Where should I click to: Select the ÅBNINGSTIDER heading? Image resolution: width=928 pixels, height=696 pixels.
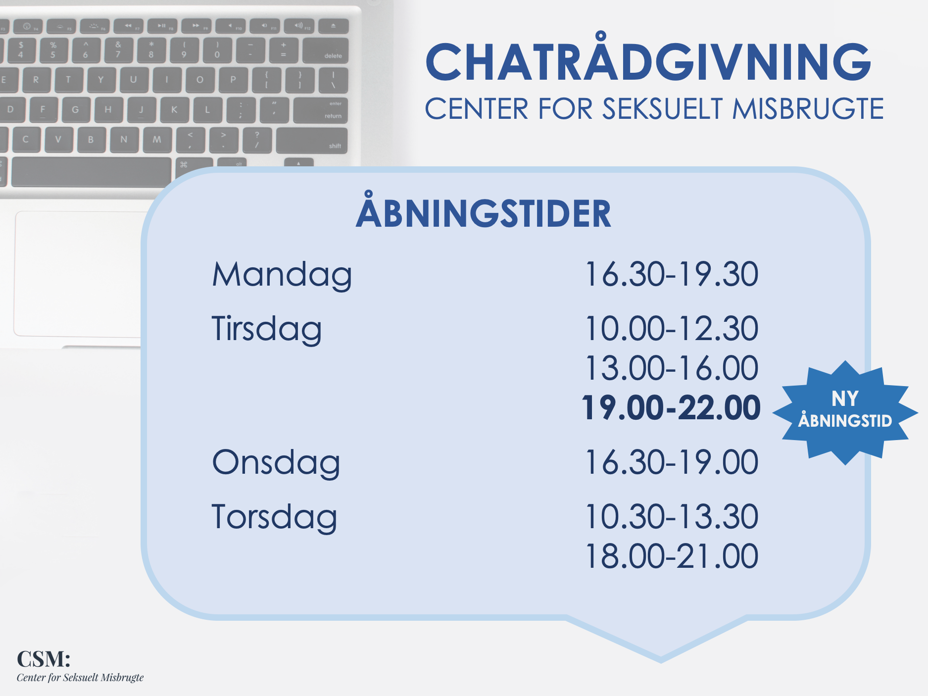pyautogui.click(x=484, y=210)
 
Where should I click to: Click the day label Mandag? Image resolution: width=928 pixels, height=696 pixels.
pyautogui.click(x=282, y=275)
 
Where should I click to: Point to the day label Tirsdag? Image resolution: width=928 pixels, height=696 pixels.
pyautogui.click(x=267, y=330)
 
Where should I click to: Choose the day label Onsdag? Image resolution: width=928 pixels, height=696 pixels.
pyautogui.click(x=276, y=463)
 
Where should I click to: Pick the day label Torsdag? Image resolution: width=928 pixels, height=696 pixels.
pyautogui.click(x=275, y=518)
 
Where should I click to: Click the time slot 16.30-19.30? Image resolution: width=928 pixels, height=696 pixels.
pyautogui.click(x=672, y=274)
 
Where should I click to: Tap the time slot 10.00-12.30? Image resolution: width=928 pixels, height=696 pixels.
pyautogui.click(x=672, y=329)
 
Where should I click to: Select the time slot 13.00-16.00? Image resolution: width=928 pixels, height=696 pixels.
pyautogui.click(x=672, y=368)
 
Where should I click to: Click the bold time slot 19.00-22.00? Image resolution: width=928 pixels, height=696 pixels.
pyautogui.click(x=671, y=408)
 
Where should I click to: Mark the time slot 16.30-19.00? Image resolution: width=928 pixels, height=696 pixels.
pyautogui.click(x=672, y=462)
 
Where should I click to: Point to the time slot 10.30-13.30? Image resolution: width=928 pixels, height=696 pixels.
pyautogui.click(x=672, y=517)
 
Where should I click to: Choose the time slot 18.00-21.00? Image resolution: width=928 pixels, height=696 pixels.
pyautogui.click(x=672, y=556)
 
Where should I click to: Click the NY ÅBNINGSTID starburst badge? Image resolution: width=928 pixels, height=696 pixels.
pyautogui.click(x=845, y=413)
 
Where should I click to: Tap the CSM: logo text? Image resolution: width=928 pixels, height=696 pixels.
pyautogui.click(x=44, y=659)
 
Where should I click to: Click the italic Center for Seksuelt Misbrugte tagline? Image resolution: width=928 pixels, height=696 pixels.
pyautogui.click(x=80, y=678)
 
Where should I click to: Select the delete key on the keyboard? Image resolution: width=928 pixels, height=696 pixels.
pyautogui.click(x=326, y=50)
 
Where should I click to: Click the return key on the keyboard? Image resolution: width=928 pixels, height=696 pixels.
pyautogui.click(x=321, y=110)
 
